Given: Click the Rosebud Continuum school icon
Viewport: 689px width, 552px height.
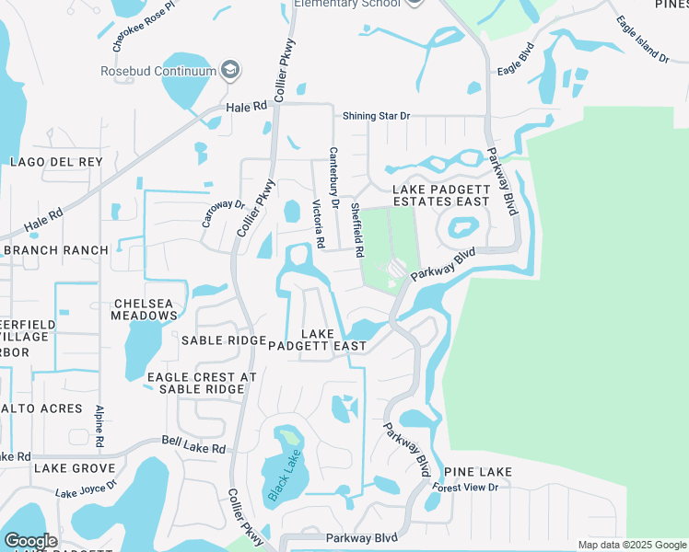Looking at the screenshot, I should click(230, 71).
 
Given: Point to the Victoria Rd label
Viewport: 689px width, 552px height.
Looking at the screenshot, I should click(318, 224).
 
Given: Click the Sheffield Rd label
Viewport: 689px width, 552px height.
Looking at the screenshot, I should click(356, 231).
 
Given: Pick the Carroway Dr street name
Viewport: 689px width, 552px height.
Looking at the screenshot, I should click(223, 213).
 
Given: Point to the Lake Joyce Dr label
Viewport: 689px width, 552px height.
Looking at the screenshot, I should click(87, 488).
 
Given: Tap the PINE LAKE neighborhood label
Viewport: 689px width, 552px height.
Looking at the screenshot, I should click(477, 472).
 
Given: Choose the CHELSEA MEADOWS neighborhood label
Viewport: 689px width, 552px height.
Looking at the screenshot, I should click(145, 310).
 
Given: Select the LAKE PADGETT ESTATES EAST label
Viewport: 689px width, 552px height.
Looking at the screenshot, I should click(441, 195).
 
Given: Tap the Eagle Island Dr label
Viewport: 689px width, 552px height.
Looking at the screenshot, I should click(642, 40).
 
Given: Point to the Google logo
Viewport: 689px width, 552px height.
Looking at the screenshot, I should click(29, 541).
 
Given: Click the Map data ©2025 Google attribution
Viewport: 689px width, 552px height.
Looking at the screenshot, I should click(631, 545).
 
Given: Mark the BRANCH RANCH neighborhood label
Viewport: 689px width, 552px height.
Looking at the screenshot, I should click(55, 250).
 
